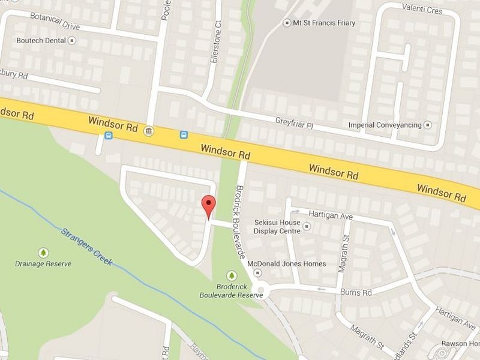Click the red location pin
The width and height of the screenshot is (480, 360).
pos(208,206)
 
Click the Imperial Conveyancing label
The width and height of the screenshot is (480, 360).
pos(385,125)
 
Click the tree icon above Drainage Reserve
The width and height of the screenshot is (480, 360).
pos(43,253)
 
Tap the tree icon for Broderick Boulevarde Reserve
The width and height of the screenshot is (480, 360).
pos(232,275)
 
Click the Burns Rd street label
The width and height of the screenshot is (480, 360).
pos(356,292)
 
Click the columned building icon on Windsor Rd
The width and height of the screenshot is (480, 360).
pos(148,131)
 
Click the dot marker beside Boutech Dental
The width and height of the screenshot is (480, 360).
pos(73,41)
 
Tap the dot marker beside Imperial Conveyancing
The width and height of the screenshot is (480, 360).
pos(428,125)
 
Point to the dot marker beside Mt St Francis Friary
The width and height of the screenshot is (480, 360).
pos(287,23)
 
